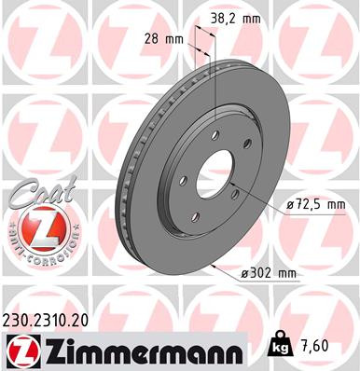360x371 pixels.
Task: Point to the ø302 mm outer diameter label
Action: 267,273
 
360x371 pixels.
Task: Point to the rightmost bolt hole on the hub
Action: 250,144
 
